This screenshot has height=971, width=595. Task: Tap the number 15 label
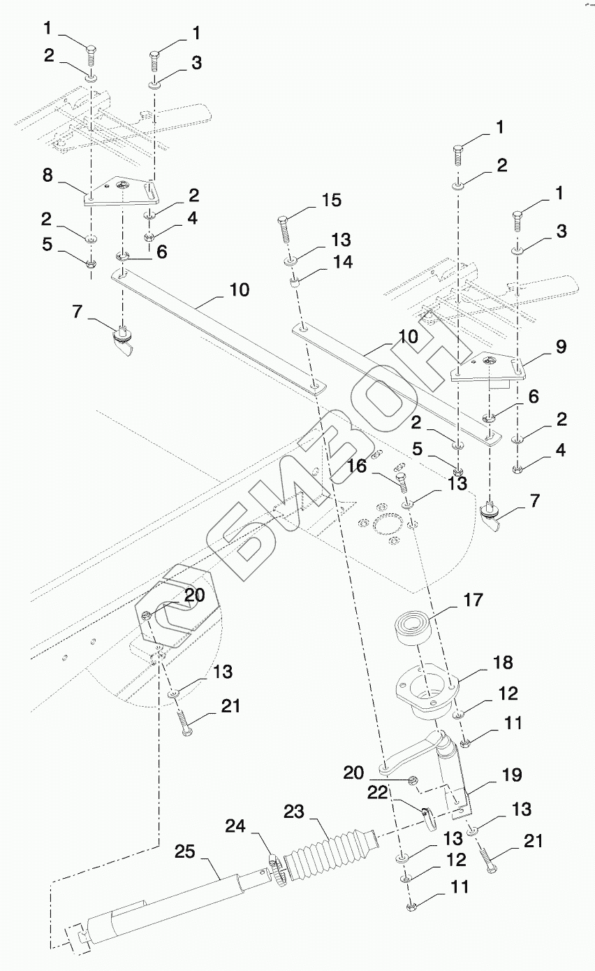point(331,201)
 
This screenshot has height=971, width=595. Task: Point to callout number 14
point(343,262)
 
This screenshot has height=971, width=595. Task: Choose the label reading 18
point(502,661)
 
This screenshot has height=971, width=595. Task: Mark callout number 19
point(511,775)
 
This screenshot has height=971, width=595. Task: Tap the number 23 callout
point(295,811)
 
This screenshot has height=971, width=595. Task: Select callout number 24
point(237,826)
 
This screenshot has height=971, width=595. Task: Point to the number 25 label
point(185,852)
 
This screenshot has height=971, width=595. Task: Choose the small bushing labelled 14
point(295,282)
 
